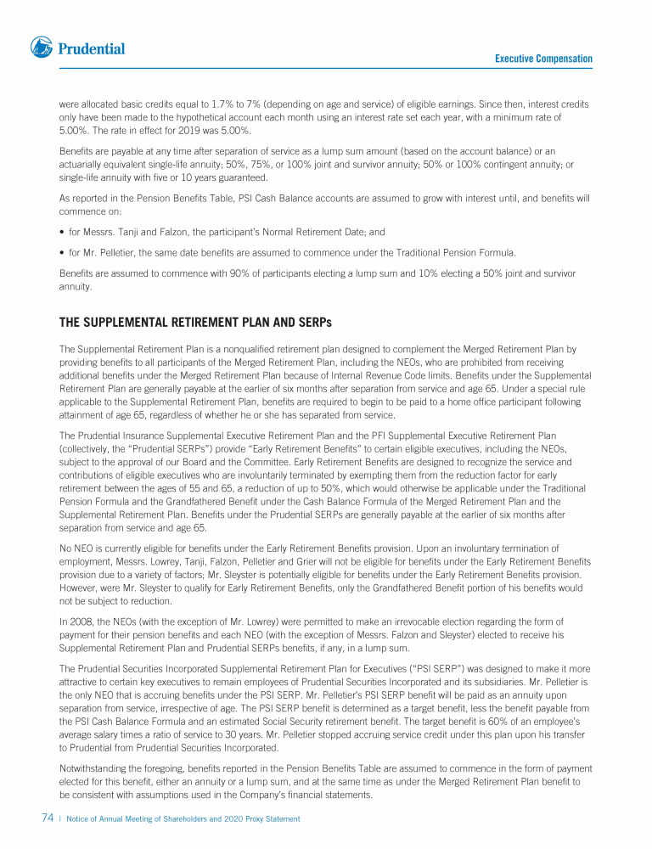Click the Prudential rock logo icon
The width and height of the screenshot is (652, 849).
[x=41, y=48]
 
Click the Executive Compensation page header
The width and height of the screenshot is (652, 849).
[x=543, y=59]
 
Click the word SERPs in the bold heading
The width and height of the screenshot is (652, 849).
[x=313, y=323]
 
